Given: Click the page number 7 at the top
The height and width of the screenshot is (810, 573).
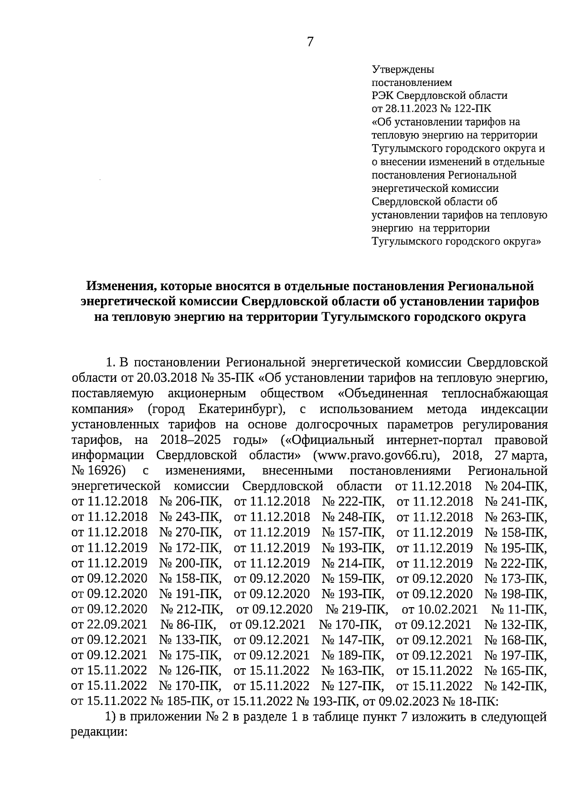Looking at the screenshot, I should [310, 42].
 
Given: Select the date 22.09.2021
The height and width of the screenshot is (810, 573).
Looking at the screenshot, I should [117, 625].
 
